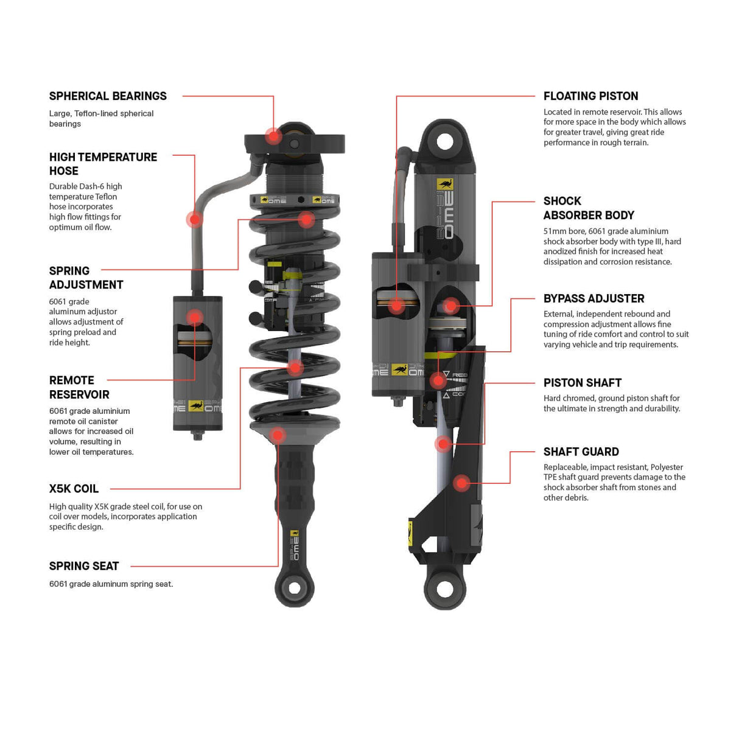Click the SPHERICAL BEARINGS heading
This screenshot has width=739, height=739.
tap(108, 96)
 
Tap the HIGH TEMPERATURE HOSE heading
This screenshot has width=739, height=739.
tap(103, 164)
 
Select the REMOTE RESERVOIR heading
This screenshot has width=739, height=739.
tap(79, 387)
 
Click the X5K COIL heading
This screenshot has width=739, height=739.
tap(74, 489)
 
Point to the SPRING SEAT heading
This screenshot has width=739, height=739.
tap(84, 566)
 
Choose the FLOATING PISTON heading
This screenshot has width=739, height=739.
tap(590, 96)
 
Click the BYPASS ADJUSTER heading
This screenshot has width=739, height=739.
tap(594, 299)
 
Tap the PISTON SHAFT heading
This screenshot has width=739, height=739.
tap(582, 383)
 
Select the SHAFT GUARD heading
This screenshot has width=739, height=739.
tap(581, 452)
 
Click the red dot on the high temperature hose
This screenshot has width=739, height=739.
tap(194, 219)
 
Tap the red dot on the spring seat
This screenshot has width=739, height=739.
tap(278, 435)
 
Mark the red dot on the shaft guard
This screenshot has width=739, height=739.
tap(461, 483)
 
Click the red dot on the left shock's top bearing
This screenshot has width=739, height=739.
tap(274, 136)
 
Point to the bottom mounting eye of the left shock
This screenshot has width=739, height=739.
tap(295, 588)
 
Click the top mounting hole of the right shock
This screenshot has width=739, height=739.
tap(445, 142)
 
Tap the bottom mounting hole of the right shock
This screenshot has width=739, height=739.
tap(445, 589)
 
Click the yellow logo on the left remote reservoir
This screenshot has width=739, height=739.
tap(196, 406)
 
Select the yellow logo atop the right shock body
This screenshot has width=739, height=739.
tap(445, 184)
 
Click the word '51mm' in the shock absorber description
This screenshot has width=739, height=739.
tap(555, 231)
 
